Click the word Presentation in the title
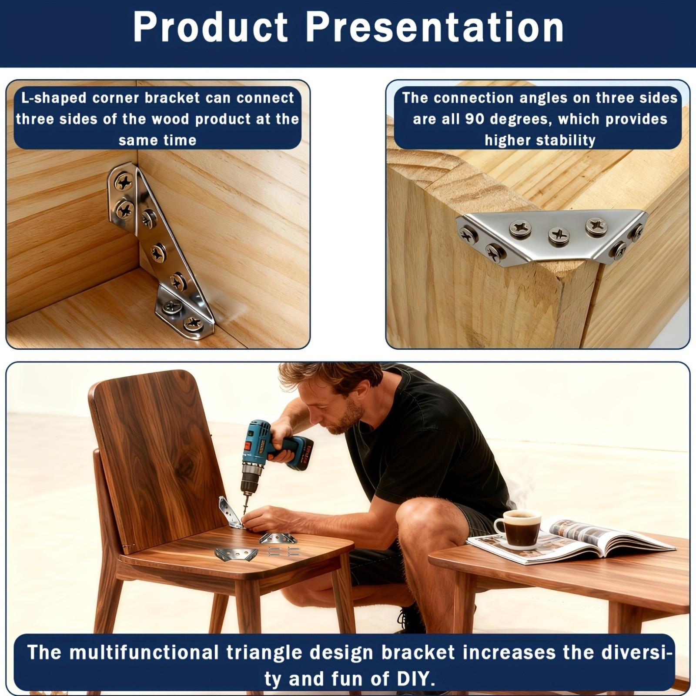(x=435, y=27)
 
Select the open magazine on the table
(x=579, y=539)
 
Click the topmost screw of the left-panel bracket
(x=124, y=182)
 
